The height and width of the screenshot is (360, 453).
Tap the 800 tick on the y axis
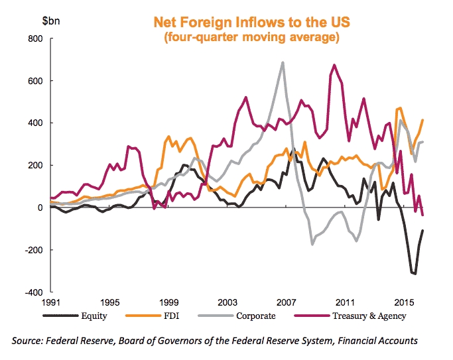pyautogui.click(x=34, y=39)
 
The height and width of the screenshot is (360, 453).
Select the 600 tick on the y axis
pyautogui.click(x=34, y=81)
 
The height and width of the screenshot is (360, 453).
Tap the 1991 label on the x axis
pyautogui.click(x=52, y=302)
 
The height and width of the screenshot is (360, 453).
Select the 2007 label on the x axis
pyautogui.click(x=286, y=302)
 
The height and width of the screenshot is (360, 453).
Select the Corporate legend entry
pyautogui.click(x=255, y=316)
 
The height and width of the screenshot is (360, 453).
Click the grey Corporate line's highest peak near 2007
pyautogui.click(x=283, y=63)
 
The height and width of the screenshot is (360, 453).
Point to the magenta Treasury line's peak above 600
pyautogui.click(x=334, y=65)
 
